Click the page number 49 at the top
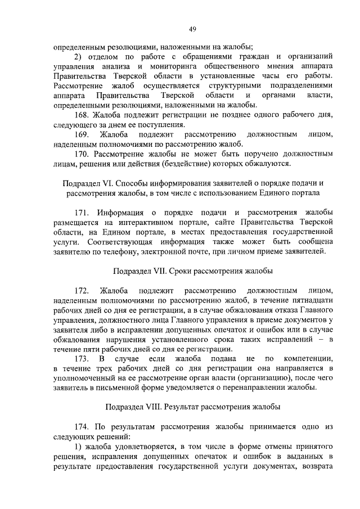[192, 29]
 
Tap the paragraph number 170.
[82, 154]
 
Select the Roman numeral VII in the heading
[160, 271]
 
